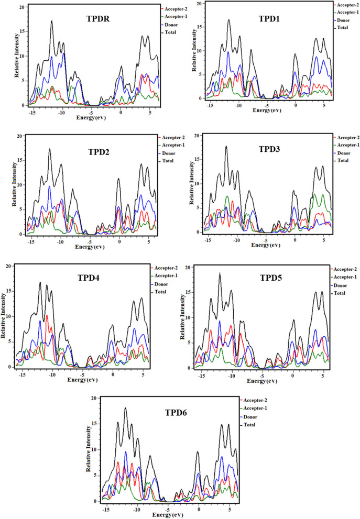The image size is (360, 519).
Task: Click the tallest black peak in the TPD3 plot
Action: coord(226,147)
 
